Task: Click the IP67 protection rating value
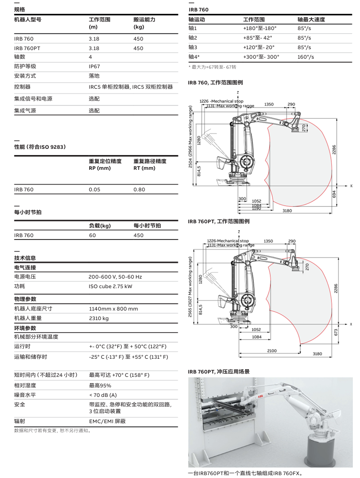(94, 67)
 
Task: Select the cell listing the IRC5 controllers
(131, 87)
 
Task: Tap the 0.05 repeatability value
(94, 189)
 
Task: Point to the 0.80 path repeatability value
(139, 189)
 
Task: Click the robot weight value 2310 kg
(99, 318)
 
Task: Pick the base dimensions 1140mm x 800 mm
(113, 309)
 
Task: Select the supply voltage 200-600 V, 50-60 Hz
(115, 277)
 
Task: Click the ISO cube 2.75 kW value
(110, 286)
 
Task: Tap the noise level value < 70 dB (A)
(103, 395)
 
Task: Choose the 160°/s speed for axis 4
(306, 57)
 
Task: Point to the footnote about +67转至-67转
(212, 67)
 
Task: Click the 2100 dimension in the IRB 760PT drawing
(271, 351)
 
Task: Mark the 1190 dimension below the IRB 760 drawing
(256, 208)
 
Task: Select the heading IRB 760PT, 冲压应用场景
(218, 372)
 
